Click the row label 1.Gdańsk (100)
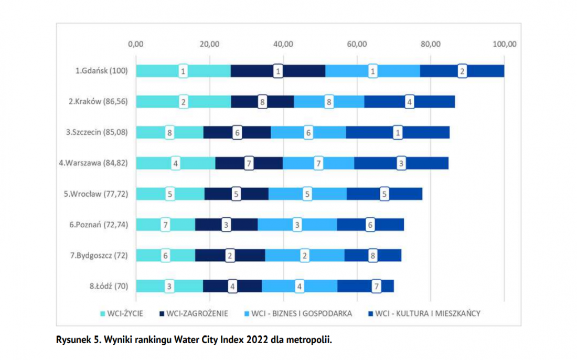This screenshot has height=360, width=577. (x=102, y=71)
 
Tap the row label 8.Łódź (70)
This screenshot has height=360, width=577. (x=109, y=286)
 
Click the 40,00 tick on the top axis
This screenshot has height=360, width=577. (x=283, y=44)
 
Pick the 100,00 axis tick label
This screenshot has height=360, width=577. (x=505, y=44)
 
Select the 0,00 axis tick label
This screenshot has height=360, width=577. (x=136, y=44)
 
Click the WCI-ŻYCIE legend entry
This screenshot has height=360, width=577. (x=122, y=314)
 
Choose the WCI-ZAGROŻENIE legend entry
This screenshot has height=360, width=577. (x=194, y=314)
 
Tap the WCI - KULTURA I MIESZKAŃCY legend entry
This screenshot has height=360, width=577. (x=424, y=314)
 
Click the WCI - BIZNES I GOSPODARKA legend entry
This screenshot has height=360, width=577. (x=298, y=314)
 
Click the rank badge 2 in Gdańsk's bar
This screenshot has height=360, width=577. (x=462, y=71)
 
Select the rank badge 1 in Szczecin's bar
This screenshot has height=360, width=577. (x=398, y=133)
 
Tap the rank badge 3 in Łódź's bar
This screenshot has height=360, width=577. (x=169, y=287)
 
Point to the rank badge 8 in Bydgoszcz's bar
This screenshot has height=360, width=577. (x=373, y=256)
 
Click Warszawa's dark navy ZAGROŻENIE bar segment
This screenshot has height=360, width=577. (x=249, y=163)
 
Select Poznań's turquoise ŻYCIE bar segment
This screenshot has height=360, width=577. (x=166, y=225)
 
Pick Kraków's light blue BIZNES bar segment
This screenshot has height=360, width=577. (x=329, y=102)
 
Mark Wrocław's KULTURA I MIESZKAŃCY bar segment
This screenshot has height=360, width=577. (x=384, y=194)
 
